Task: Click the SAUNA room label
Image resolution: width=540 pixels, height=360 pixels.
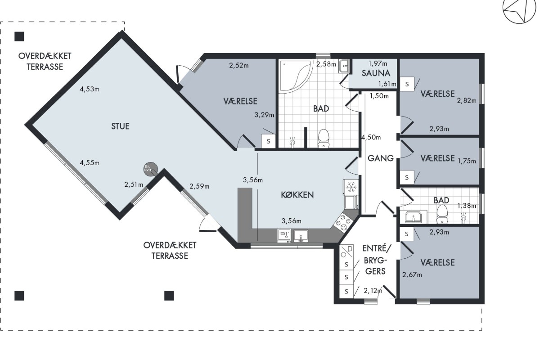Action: (376, 73)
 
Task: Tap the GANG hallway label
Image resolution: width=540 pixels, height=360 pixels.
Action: (381, 158)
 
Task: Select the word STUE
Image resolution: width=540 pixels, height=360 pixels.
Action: (120, 126)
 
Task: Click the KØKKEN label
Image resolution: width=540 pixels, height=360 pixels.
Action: (297, 195)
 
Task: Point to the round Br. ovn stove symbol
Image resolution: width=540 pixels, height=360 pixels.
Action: (150, 169)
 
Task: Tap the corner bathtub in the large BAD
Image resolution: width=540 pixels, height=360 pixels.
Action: (296, 76)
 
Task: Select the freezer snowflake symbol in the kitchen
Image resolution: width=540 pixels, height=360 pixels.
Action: (351, 187)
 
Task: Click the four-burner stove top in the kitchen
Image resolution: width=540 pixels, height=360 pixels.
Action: (342, 223)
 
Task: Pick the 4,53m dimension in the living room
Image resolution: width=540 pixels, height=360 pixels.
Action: (90, 89)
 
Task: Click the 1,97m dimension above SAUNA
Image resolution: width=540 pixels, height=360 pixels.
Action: (378, 63)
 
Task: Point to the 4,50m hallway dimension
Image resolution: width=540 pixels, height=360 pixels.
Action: (371, 137)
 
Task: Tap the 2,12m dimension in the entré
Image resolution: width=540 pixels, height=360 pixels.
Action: (373, 291)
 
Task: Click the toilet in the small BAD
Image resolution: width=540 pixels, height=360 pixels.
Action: (442, 214)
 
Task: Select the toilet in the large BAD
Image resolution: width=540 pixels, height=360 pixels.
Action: (324, 139)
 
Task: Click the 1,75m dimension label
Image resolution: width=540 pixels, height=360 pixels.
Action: (467, 161)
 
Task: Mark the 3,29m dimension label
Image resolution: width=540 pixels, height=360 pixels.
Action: (264, 115)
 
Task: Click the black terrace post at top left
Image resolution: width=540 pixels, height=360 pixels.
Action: (19, 36)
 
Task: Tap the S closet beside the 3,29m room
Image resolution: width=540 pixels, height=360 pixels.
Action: (269, 141)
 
